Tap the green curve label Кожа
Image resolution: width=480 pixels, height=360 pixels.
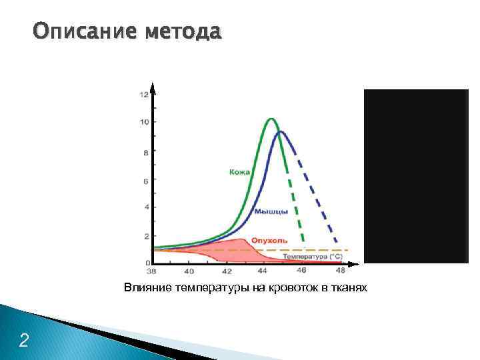[x=239, y=172]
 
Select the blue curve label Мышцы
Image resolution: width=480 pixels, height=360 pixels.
[x=271, y=212]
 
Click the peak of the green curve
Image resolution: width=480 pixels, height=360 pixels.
[x=271, y=119]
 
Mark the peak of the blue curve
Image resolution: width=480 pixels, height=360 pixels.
[x=281, y=131]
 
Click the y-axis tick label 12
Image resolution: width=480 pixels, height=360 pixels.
[x=143, y=95]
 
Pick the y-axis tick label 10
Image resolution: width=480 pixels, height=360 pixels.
[x=143, y=122]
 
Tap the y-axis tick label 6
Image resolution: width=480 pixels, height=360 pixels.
[x=145, y=181]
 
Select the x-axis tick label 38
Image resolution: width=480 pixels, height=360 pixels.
[x=151, y=271]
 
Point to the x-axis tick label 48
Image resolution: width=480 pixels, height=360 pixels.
[x=341, y=271]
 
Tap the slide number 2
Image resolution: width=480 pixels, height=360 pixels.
[x=24, y=341]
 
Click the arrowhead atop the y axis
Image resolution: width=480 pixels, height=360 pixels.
[x=153, y=87]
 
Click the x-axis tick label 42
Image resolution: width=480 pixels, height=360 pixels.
[x=227, y=271]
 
